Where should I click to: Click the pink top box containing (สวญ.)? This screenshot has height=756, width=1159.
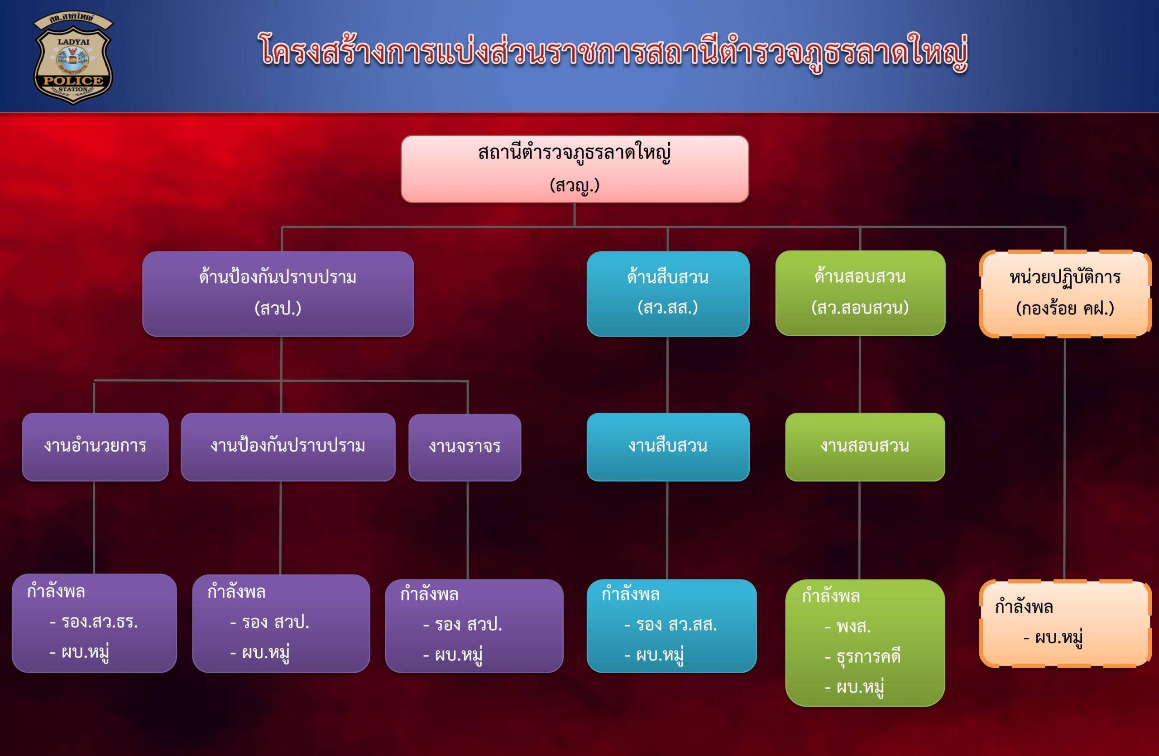coord(575,169)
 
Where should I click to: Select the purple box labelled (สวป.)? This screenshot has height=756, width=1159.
coord(278,294)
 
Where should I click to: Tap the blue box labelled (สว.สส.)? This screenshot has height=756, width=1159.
coord(668,294)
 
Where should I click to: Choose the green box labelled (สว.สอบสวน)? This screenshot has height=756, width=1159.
coord(860,293)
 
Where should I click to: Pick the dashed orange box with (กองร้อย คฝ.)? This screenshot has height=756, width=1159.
coord(1065,294)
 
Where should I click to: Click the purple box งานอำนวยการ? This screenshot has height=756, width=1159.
coord(95,447)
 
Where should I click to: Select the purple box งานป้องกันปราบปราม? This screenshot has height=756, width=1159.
coord(288,447)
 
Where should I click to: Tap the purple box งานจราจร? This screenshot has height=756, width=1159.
coord(465,447)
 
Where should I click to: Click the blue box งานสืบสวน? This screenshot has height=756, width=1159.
coord(668,447)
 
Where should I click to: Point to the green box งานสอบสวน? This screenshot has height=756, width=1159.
coord(865,447)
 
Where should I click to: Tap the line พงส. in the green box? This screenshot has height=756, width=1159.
coord(853,627)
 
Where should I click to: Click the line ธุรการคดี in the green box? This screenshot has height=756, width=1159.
coord(868,657)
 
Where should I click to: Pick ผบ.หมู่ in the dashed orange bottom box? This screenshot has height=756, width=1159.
coord(1058,638)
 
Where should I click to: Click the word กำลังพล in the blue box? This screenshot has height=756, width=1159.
coord(631,595)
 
